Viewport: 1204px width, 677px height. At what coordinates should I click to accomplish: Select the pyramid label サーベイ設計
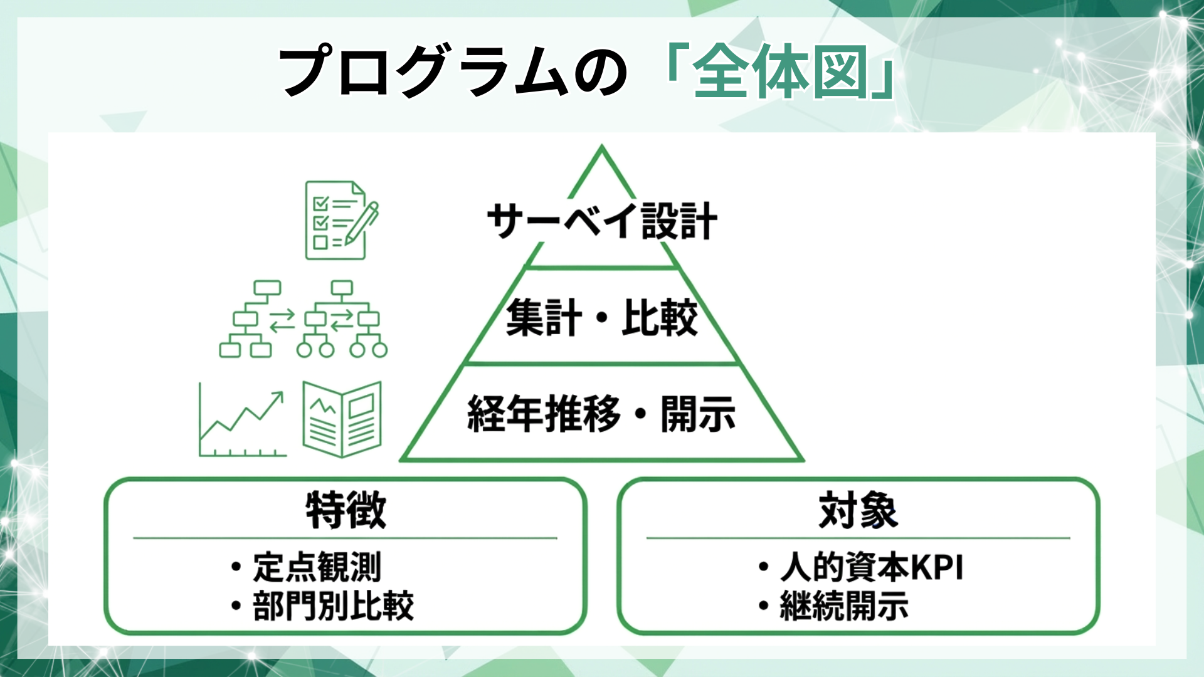coord(601,221)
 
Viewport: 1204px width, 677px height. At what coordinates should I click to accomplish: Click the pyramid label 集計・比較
coord(601,317)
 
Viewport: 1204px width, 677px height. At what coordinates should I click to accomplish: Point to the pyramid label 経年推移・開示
coord(601,414)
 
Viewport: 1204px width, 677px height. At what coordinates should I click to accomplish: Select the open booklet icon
coord(342,419)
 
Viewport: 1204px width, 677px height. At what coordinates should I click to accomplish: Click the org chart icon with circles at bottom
coord(342,319)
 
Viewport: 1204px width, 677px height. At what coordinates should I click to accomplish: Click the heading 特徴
coord(346,510)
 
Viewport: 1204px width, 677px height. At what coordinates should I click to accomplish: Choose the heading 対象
coord(858,510)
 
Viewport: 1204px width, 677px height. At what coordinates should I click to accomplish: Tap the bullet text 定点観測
coord(317,567)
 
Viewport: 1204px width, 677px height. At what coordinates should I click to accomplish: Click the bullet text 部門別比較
coord(333,606)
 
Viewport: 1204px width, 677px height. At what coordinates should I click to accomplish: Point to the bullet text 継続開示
coord(844,606)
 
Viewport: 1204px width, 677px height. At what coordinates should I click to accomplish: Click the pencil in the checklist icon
coord(362,223)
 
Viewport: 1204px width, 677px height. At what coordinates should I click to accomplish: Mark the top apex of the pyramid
coord(601,148)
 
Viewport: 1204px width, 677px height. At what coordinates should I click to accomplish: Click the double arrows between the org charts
coord(282,320)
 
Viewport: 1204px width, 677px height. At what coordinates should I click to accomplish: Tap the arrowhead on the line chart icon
coord(278,396)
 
